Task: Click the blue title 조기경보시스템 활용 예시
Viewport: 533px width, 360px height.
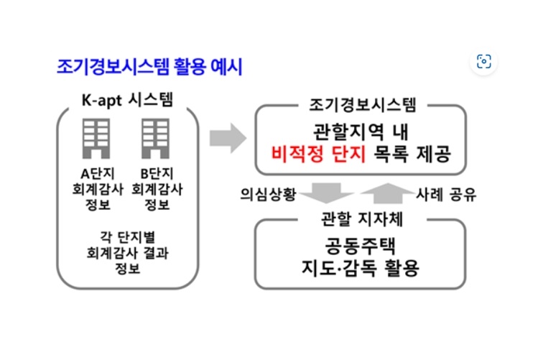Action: click(x=149, y=67)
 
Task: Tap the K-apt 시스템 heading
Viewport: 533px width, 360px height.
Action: click(x=127, y=100)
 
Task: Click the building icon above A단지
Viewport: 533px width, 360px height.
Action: click(x=96, y=139)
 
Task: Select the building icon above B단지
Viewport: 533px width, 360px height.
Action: click(x=156, y=139)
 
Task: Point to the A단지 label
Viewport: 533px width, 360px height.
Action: click(x=98, y=174)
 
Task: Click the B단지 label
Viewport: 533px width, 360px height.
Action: click(x=157, y=174)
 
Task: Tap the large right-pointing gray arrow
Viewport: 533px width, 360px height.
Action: click(x=228, y=138)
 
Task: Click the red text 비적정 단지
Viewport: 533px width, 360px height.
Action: click(x=318, y=154)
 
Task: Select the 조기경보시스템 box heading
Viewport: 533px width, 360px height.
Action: click(x=362, y=105)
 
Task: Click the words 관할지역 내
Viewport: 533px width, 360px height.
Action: click(x=361, y=132)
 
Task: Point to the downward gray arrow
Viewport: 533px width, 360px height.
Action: click(x=327, y=193)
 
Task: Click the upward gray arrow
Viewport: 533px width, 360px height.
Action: click(x=387, y=193)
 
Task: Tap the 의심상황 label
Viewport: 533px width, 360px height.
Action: click(x=268, y=194)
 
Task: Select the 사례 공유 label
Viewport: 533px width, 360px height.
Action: click(x=446, y=195)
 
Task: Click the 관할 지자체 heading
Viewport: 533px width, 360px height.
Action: click(x=362, y=218)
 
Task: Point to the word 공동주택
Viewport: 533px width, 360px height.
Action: click(x=361, y=246)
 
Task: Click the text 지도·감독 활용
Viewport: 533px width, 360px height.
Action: click(x=361, y=268)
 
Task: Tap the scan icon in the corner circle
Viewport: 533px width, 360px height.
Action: click(x=483, y=62)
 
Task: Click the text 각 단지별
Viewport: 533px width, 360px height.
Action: click(x=127, y=236)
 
